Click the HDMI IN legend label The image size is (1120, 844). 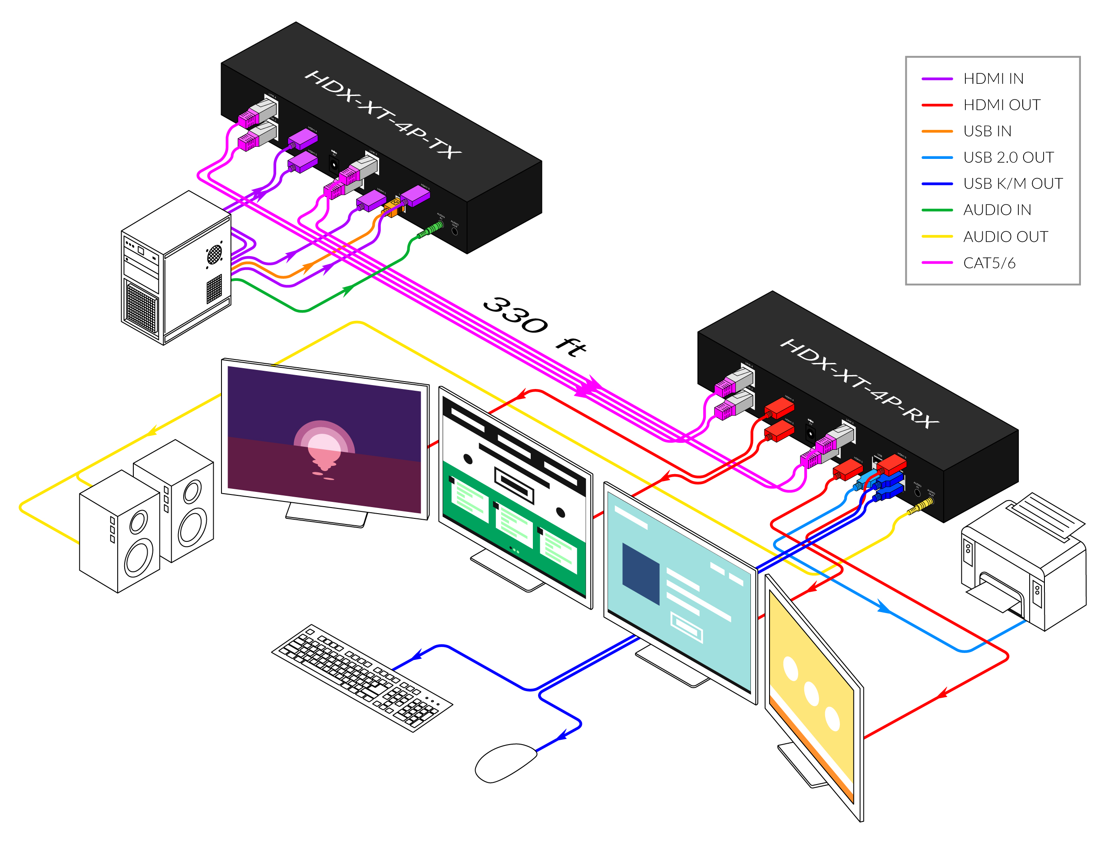click(x=993, y=79)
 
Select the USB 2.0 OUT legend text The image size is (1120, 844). click(x=1008, y=158)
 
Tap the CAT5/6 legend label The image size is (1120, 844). click(x=989, y=263)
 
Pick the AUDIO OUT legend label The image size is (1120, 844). click(x=1005, y=237)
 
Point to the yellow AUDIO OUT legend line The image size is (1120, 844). click(x=937, y=237)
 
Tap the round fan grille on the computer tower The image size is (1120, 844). click(x=214, y=254)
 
